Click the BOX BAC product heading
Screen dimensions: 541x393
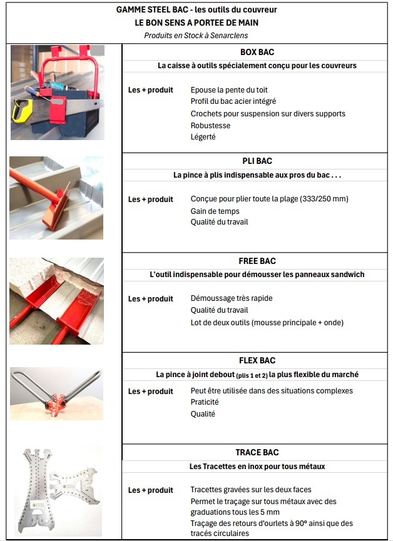coord(257,52)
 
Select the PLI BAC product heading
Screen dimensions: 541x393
coord(257,161)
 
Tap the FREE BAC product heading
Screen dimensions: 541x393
coord(257,261)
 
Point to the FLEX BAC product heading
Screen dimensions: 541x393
coord(257,360)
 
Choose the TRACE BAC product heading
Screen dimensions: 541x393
coord(257,452)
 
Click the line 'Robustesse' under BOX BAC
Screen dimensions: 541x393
coord(210,125)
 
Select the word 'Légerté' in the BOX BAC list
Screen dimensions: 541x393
coord(203,137)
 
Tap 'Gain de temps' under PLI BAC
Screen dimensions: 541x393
coord(215,211)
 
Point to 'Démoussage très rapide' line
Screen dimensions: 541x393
coord(231,298)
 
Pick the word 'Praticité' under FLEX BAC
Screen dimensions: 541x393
coord(205,402)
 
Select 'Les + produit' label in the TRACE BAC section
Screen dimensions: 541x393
coord(150,490)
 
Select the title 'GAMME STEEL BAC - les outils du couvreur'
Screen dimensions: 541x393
coord(196,10)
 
